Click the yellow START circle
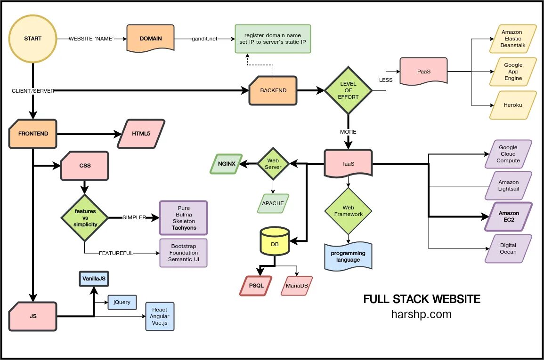click(32, 39)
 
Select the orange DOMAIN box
click(150, 39)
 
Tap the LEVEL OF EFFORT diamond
click(349, 90)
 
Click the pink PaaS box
click(423, 72)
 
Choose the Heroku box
click(512, 105)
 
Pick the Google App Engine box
click(513, 72)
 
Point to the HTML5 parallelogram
click(141, 134)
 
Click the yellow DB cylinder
click(275, 244)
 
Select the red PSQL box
click(255, 286)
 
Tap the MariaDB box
click(297, 286)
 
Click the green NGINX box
click(226, 163)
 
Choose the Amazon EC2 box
click(509, 216)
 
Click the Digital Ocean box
click(508, 248)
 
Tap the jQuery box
click(122, 302)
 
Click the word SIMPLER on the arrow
click(134, 217)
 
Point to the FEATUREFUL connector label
click(116, 253)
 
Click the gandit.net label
click(204, 39)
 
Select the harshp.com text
click(421, 314)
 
